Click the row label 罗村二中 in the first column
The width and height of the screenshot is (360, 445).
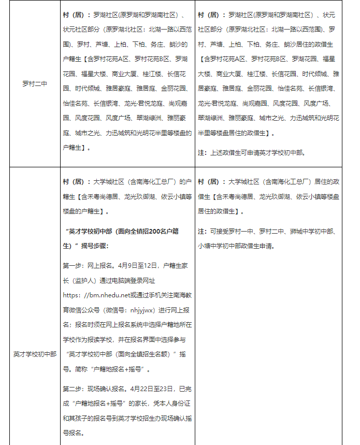[35, 84]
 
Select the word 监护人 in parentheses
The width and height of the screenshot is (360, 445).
[80, 280]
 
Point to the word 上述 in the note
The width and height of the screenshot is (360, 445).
[218, 153]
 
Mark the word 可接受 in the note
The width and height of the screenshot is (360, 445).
[220, 231]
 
